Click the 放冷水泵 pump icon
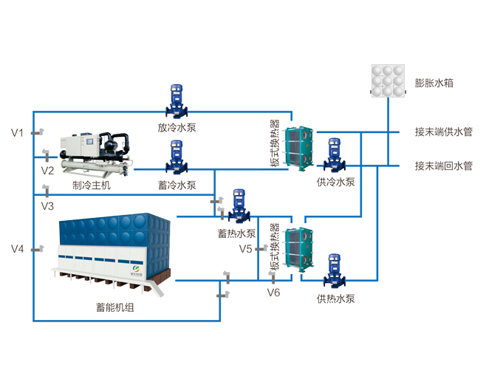pos(176,101)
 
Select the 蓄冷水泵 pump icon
pos(176,157)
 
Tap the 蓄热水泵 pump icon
pos(239,206)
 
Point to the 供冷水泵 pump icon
pos(335,155)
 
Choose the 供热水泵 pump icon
pos(335,271)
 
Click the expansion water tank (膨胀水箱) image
pos(388,81)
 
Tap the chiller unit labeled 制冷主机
pos(96,154)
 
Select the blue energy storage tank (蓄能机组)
pos(111,254)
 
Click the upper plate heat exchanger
pos(299,149)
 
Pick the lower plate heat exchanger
pos(299,250)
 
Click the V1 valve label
pos(17,133)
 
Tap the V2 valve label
pos(47,171)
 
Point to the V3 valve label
pos(47,206)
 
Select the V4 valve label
pos(17,249)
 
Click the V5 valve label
pos(245,249)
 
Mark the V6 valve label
pos(273,293)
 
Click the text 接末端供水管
pos(444,132)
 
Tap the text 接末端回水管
pos(444,166)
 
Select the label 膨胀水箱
pos(433,83)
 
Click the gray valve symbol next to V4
pos(38,249)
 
